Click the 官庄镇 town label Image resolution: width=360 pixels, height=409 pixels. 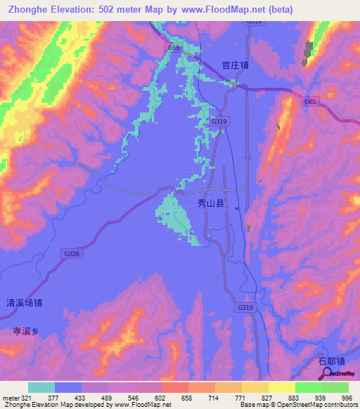point(235,65)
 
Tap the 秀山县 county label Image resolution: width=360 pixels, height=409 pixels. point(210,204)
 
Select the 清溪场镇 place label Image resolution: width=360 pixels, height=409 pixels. point(25,304)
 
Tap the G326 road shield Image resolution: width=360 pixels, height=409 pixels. point(70,253)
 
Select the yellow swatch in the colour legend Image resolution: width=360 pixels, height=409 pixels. point(281,387)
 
